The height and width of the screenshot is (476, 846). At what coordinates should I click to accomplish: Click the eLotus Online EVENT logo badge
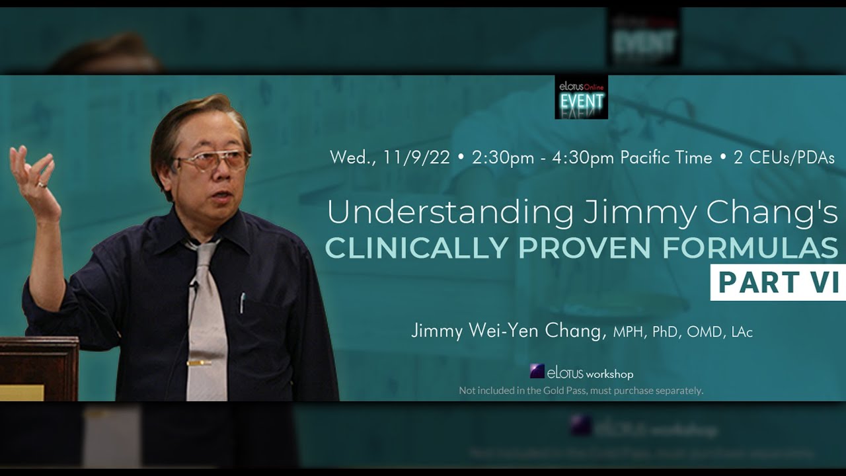(581, 97)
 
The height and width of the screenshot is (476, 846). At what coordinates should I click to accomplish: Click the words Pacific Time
(666, 158)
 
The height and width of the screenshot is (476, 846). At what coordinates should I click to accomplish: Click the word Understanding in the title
(450, 213)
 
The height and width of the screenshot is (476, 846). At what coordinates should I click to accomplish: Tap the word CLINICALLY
(416, 247)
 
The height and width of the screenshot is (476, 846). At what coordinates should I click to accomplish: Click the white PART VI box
(778, 282)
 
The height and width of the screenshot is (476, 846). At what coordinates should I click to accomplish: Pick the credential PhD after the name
(666, 332)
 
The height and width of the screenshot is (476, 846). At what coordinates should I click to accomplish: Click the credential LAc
(742, 332)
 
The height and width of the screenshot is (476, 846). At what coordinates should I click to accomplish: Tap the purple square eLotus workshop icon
(537, 372)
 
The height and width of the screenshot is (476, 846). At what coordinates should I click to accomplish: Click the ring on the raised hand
(42, 184)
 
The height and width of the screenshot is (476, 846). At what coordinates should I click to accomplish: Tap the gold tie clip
(198, 363)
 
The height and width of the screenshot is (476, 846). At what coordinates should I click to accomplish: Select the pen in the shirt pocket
(243, 303)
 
